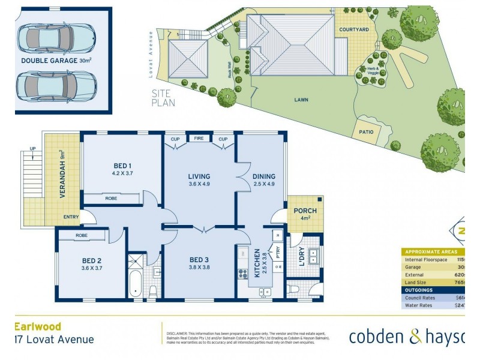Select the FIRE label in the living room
[197, 139]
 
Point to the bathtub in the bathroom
[136, 284]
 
